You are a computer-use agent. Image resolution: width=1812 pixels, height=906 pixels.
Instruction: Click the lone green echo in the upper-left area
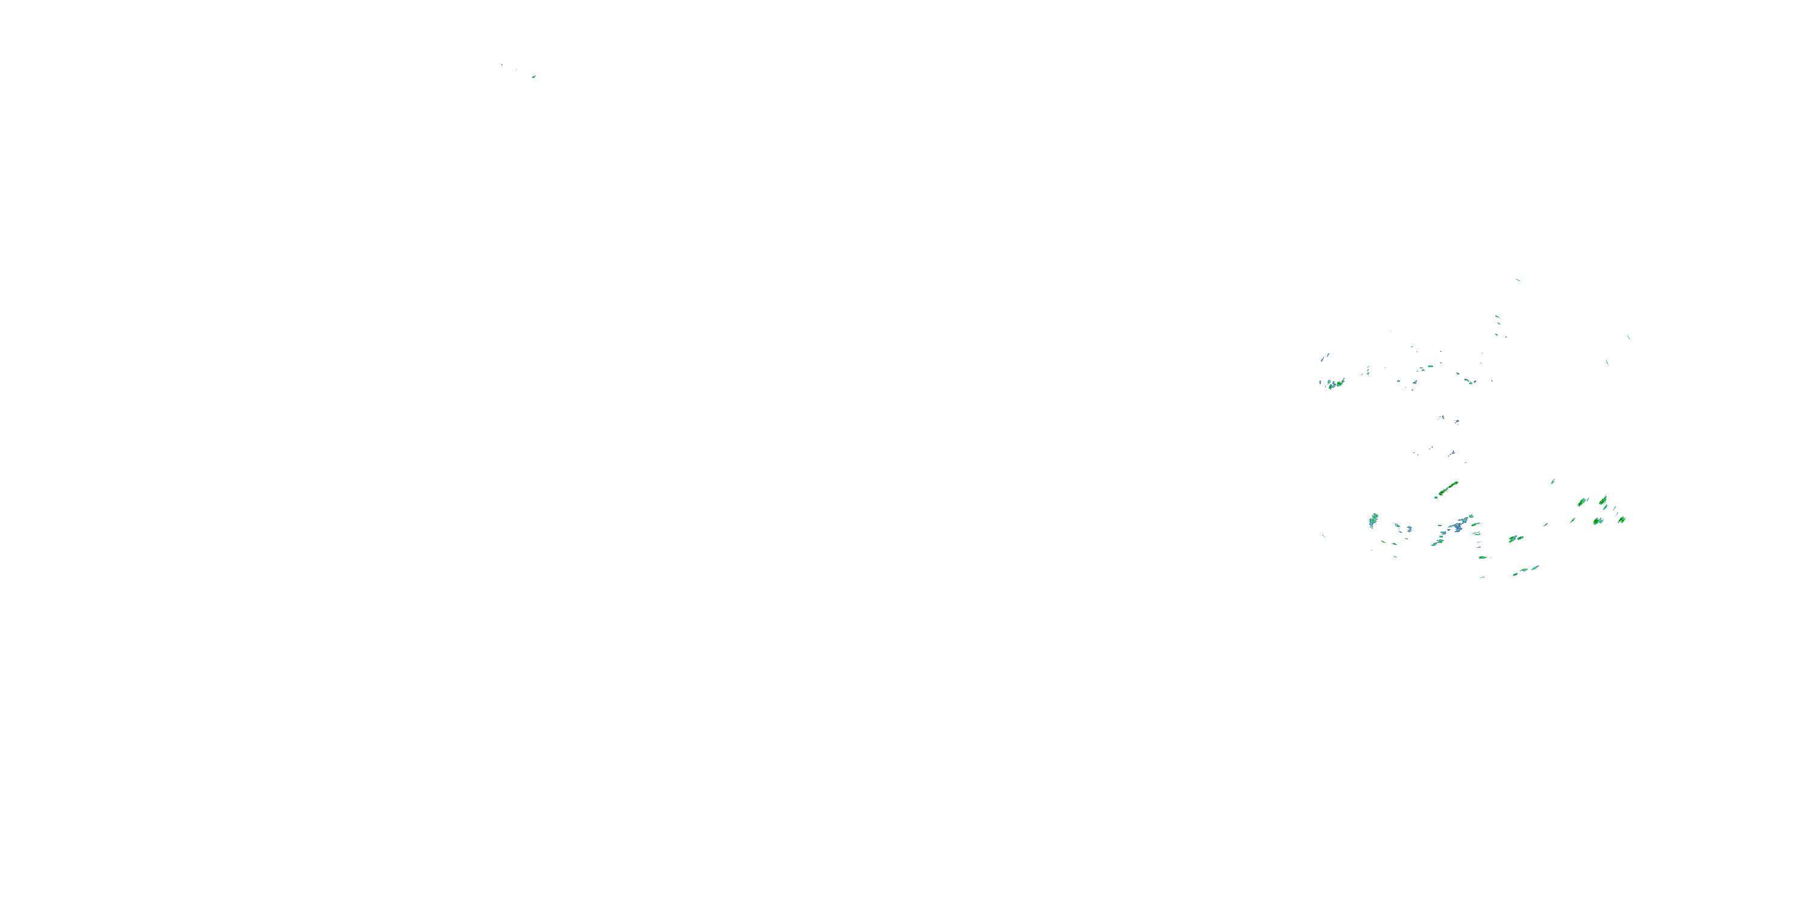coord(534,76)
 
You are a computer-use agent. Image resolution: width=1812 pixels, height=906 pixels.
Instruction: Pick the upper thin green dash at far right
coord(1628,337)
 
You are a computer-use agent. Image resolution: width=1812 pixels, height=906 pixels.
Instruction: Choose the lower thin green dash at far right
coord(1607,363)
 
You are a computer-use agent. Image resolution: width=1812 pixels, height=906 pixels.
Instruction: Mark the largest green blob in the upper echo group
coord(1339,384)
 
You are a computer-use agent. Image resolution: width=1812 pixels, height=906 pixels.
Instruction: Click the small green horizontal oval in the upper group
coord(1430,367)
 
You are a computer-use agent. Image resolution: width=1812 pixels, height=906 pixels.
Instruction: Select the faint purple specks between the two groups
coord(1442,418)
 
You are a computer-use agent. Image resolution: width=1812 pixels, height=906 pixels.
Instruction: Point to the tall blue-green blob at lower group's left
coord(1373,521)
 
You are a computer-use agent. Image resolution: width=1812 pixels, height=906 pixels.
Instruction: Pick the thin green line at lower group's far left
coord(1324,537)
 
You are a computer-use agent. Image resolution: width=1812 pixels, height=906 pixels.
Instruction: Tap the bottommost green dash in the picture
coord(1483,577)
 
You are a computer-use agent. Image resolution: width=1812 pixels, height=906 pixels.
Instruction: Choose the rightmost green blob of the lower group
coord(1621,520)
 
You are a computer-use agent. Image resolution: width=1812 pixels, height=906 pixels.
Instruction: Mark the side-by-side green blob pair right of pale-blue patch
coord(1515,539)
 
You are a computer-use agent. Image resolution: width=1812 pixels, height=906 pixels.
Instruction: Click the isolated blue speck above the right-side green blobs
coord(1553,482)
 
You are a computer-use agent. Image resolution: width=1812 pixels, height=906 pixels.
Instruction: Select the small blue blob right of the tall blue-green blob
coord(1409,529)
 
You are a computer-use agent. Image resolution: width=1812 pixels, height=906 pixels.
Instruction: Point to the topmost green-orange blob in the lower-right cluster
coord(1603,500)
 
